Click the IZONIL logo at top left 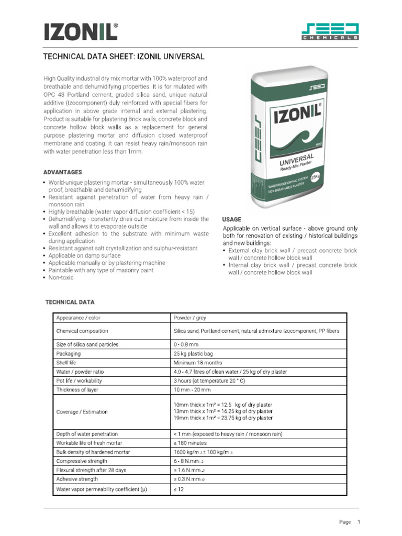(x=80, y=31)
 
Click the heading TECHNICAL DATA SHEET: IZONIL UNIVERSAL (x=123, y=56)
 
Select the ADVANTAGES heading (x=62, y=172)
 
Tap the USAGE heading (x=232, y=219)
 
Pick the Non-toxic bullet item (x=61, y=277)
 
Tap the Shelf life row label (x=66, y=362)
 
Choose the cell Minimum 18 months (x=197, y=362)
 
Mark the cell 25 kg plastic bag (x=193, y=353)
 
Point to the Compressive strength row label (x=81, y=461)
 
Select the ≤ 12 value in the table (x=178, y=489)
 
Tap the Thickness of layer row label (x=77, y=389)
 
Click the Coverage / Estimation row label (x=82, y=411)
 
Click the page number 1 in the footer (x=359, y=522)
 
